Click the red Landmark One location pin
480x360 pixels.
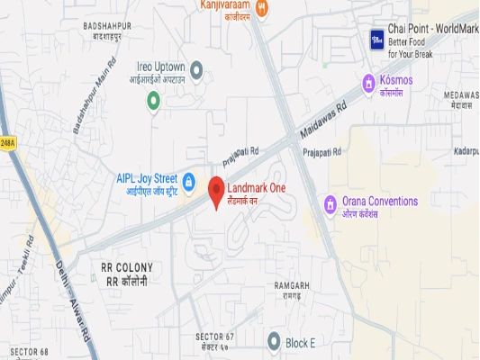pos(216,192)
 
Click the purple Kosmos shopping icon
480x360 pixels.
pos(368,84)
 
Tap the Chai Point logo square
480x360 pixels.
pos(377,40)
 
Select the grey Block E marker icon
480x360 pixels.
pos(275,340)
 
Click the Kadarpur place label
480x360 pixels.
pos(466,150)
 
